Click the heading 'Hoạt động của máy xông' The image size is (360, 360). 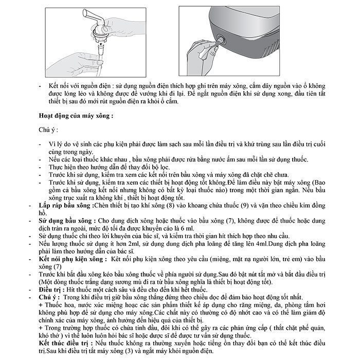coord(76,116)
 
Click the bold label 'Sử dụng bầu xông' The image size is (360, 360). coord(67,220)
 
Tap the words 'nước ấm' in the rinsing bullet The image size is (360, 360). coord(217,160)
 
